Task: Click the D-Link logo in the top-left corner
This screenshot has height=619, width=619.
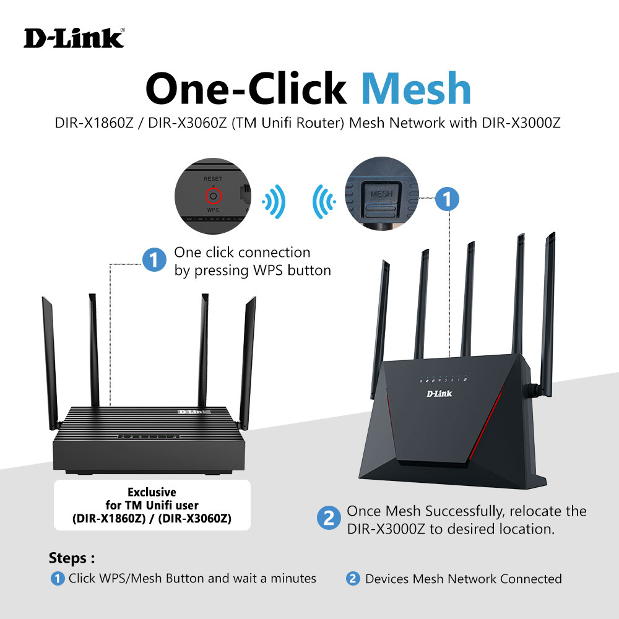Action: [x=74, y=38]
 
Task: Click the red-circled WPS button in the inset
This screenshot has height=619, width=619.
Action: [x=213, y=196]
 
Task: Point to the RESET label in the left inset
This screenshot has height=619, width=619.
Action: [x=213, y=179]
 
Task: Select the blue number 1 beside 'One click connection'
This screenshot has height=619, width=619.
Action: [x=153, y=260]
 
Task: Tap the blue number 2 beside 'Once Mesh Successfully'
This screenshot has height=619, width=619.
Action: [x=328, y=518]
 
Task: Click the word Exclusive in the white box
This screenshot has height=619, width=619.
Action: [x=152, y=492]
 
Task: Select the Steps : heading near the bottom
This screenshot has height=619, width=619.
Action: [x=72, y=558]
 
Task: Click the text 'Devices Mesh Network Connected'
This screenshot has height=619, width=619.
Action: [x=463, y=579]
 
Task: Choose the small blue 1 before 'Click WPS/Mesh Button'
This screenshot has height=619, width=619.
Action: [x=58, y=579]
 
